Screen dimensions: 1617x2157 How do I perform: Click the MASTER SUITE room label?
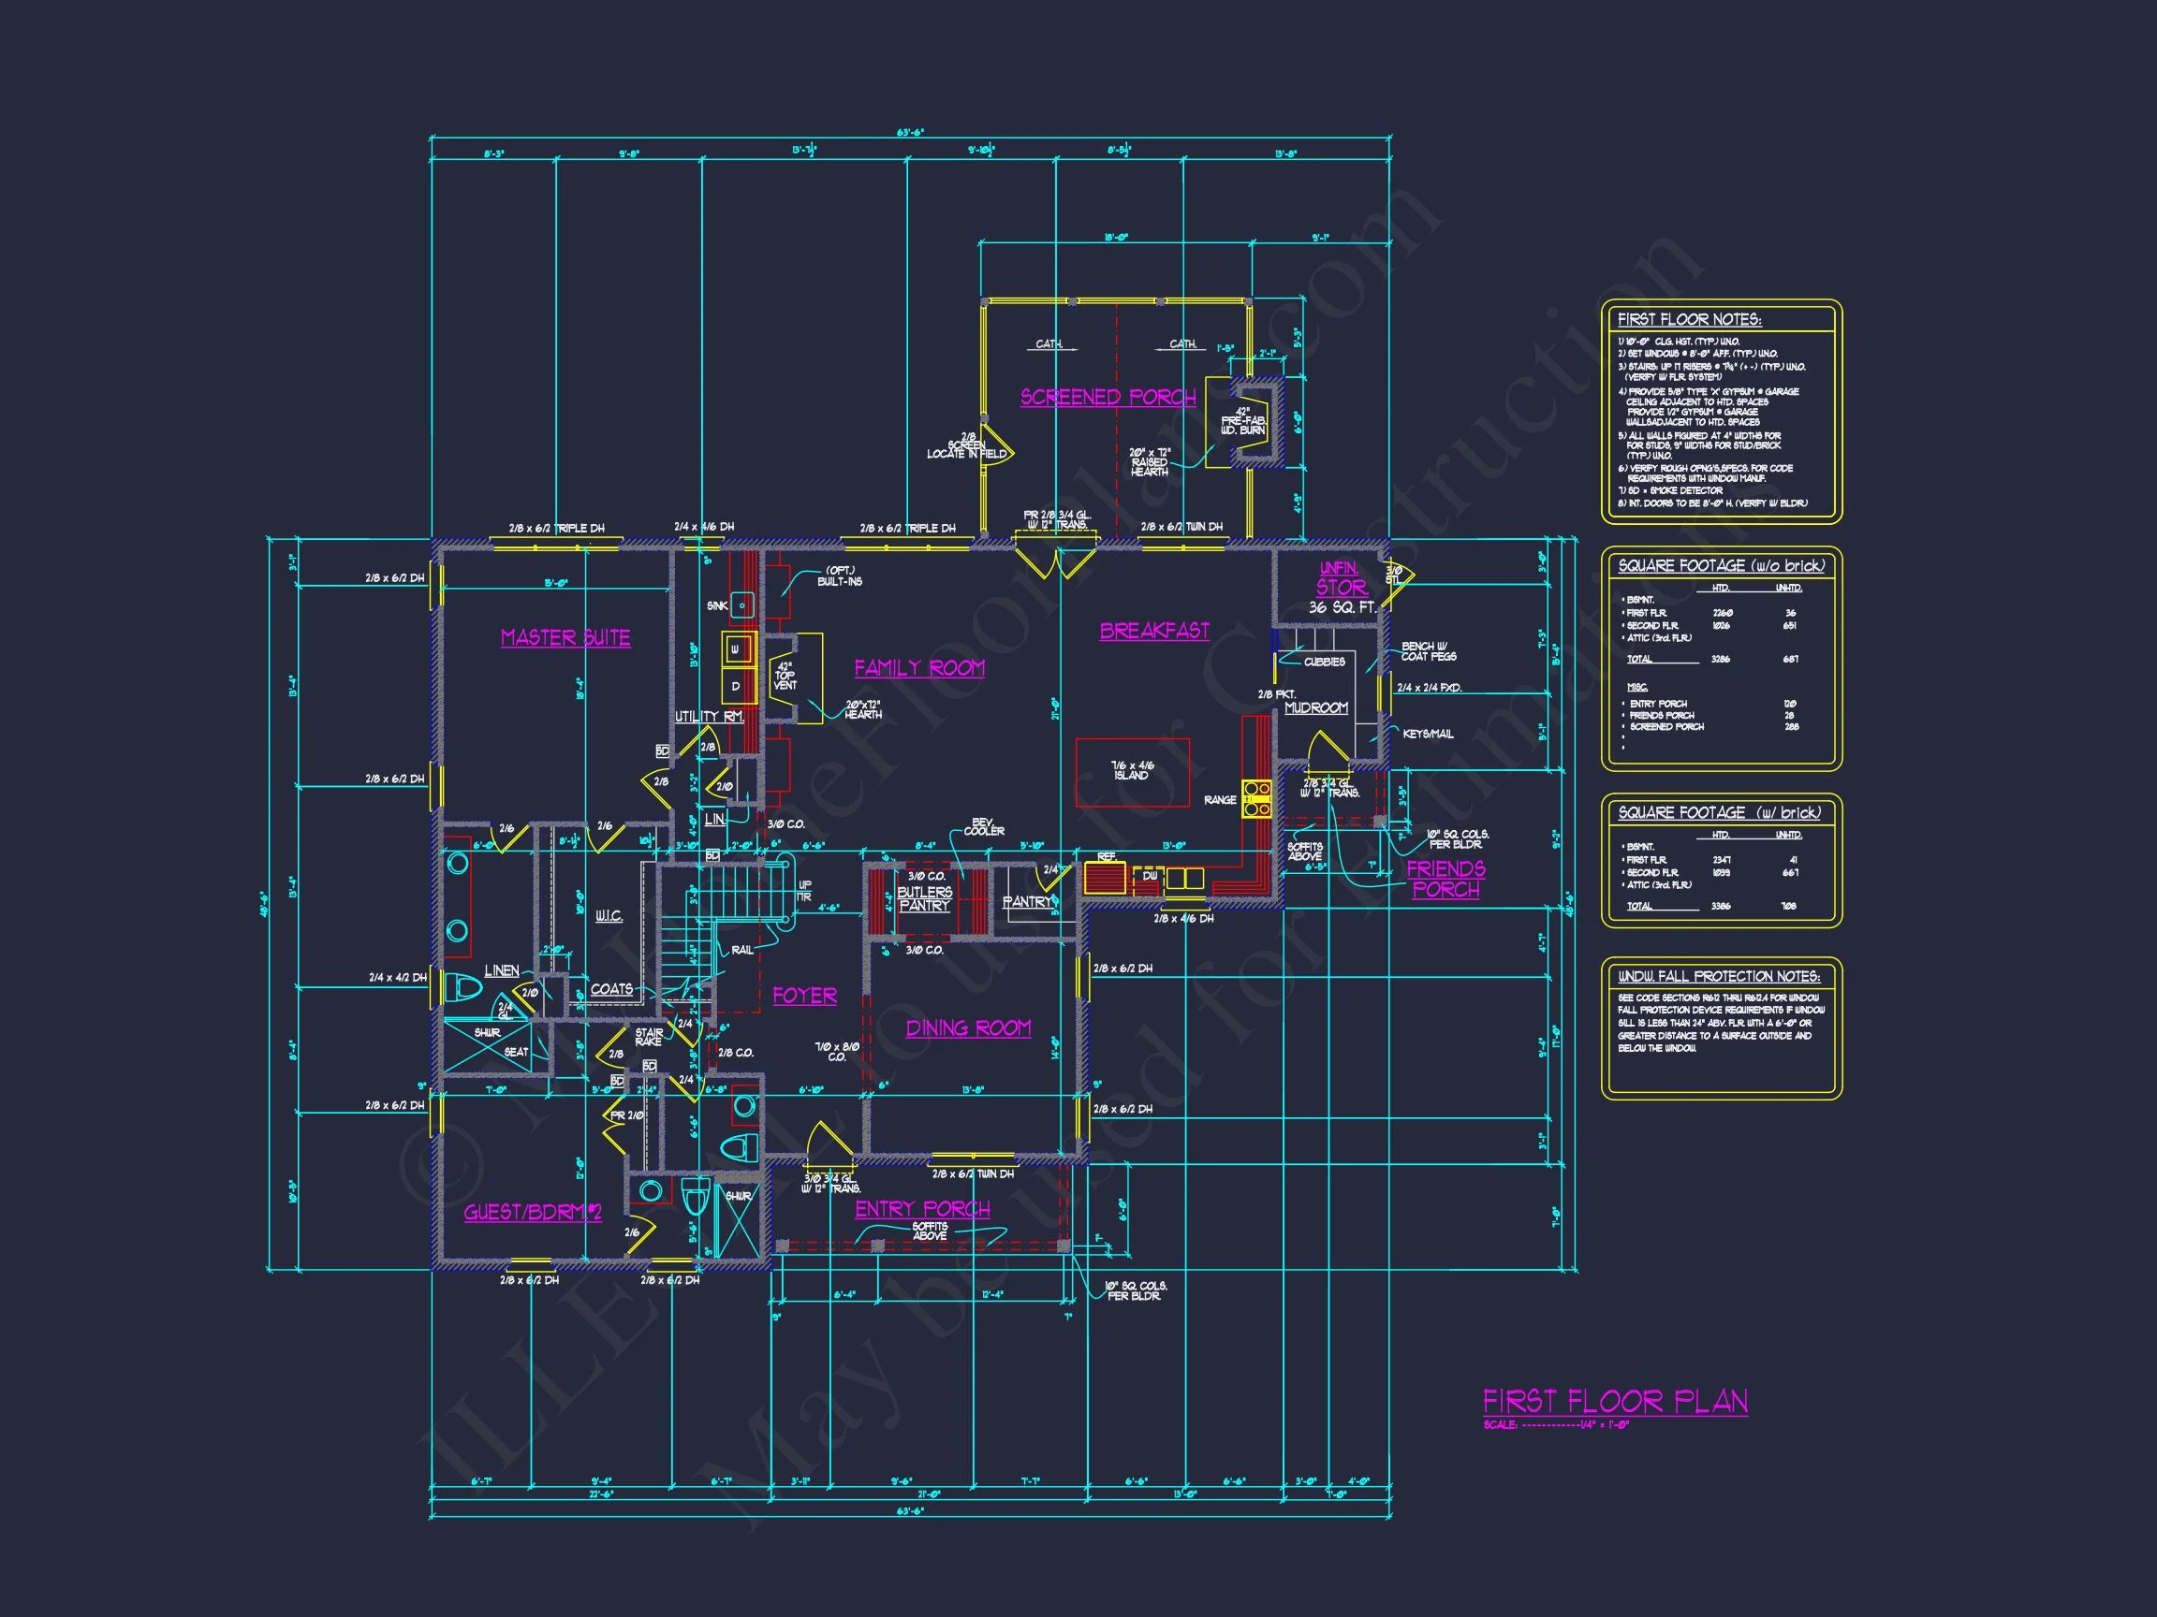(565, 637)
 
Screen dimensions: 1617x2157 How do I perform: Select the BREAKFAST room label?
(1154, 631)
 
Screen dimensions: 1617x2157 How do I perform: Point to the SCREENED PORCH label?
(1108, 397)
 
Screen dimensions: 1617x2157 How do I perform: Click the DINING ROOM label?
(968, 1027)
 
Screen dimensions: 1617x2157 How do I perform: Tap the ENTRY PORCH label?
(922, 1209)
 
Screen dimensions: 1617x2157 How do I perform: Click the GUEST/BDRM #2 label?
(533, 1212)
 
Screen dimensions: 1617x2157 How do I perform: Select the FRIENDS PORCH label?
(1446, 880)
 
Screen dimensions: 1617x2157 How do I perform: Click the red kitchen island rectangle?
(1132, 772)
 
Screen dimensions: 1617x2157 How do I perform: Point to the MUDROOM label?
(1315, 707)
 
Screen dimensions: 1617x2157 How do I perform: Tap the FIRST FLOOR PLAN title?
(1615, 1402)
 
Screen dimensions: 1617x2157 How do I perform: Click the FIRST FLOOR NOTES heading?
(1689, 320)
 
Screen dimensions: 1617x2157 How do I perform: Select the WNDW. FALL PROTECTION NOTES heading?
(1718, 976)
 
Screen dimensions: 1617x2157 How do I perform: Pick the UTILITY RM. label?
(710, 717)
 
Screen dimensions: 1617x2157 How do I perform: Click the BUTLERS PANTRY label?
(924, 898)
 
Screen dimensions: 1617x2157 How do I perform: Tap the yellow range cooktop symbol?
(1256, 797)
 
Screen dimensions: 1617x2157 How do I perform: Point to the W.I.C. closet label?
(609, 916)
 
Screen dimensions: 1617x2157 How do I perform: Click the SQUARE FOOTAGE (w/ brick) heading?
(1719, 812)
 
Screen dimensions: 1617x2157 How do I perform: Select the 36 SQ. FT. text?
(1342, 607)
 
